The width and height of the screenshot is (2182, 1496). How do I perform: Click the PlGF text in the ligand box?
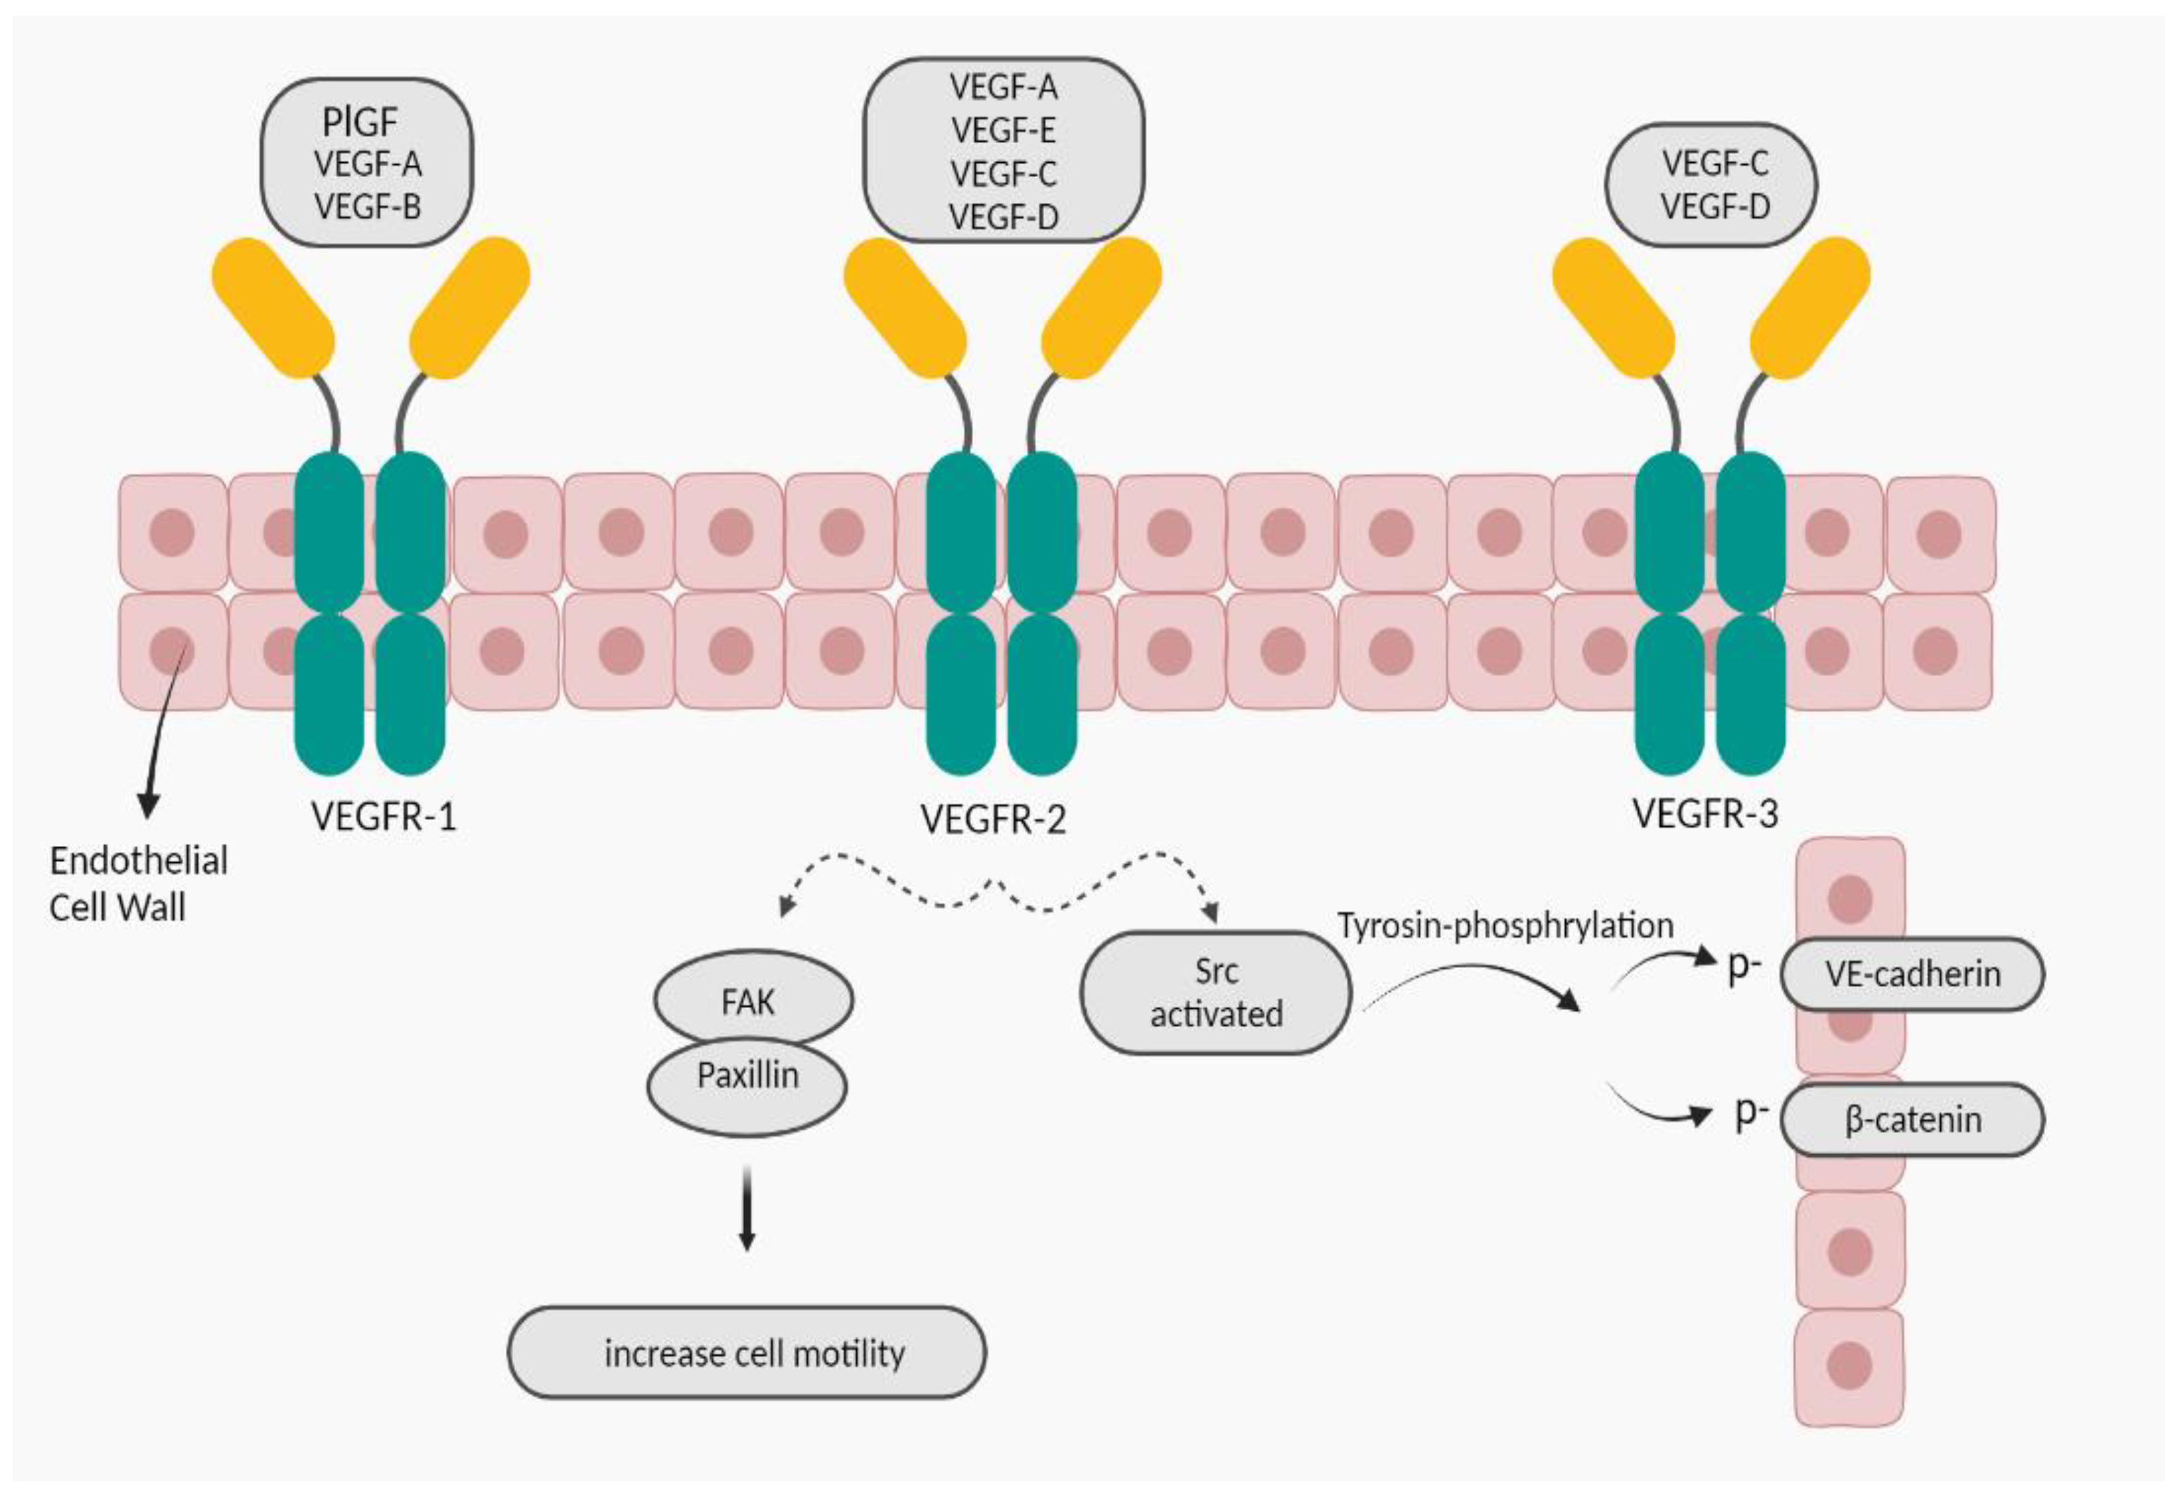(360, 122)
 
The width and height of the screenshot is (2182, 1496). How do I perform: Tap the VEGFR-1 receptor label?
(383, 816)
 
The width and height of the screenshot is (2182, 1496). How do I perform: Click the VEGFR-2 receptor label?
(993, 819)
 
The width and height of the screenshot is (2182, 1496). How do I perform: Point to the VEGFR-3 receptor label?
(1705, 814)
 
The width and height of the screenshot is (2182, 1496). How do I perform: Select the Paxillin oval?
(747, 1075)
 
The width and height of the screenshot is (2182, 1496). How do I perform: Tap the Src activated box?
(1216, 992)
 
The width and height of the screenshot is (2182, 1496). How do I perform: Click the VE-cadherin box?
(1912, 974)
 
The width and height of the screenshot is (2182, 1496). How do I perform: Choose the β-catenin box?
(1912, 1120)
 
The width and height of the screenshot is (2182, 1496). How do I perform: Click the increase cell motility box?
(747, 1353)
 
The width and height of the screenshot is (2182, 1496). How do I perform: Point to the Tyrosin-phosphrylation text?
(1505, 925)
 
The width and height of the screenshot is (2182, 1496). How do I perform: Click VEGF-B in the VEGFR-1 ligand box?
(367, 206)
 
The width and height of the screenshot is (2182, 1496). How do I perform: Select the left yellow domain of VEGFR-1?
(273, 307)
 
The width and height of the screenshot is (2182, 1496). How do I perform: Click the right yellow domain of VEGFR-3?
(1810, 307)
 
